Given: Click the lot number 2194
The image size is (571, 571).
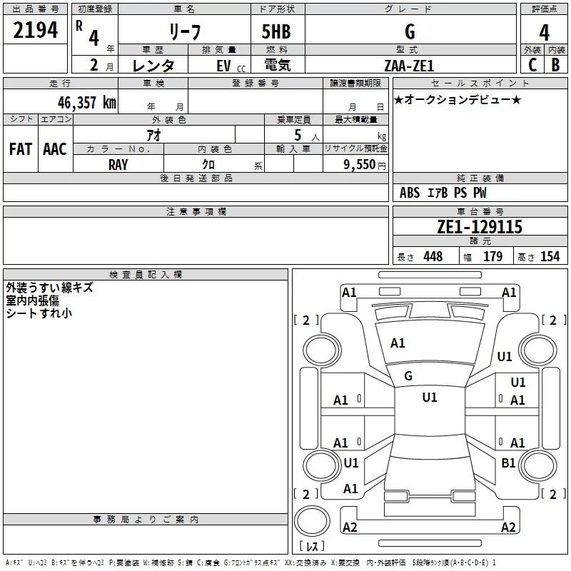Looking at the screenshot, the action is coord(36,31).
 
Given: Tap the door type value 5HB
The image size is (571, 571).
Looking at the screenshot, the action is coord(276,32).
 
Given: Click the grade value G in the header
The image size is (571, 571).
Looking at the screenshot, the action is coord(409,31).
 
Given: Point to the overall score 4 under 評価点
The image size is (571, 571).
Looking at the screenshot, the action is coord(544,33).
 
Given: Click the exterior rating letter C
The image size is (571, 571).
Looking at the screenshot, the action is coord(532,64).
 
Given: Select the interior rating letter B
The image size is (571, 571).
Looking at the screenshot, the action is coord(555,64).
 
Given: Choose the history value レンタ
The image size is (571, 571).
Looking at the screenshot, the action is coord(153,65).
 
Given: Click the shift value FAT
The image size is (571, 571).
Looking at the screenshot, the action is coord(20,149).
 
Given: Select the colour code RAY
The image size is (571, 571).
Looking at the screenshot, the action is coord(118,164).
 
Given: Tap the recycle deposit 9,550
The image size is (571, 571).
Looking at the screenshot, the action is coord(360,164).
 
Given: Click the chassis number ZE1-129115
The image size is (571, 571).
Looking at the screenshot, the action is coord(480,227).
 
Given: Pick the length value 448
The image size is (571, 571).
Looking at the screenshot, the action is coord(432,256).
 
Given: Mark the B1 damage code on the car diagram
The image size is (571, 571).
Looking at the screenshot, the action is coord(508,463).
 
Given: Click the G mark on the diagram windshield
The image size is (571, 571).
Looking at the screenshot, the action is coord(408,375).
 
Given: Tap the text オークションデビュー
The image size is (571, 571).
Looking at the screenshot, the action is coord(458,99).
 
